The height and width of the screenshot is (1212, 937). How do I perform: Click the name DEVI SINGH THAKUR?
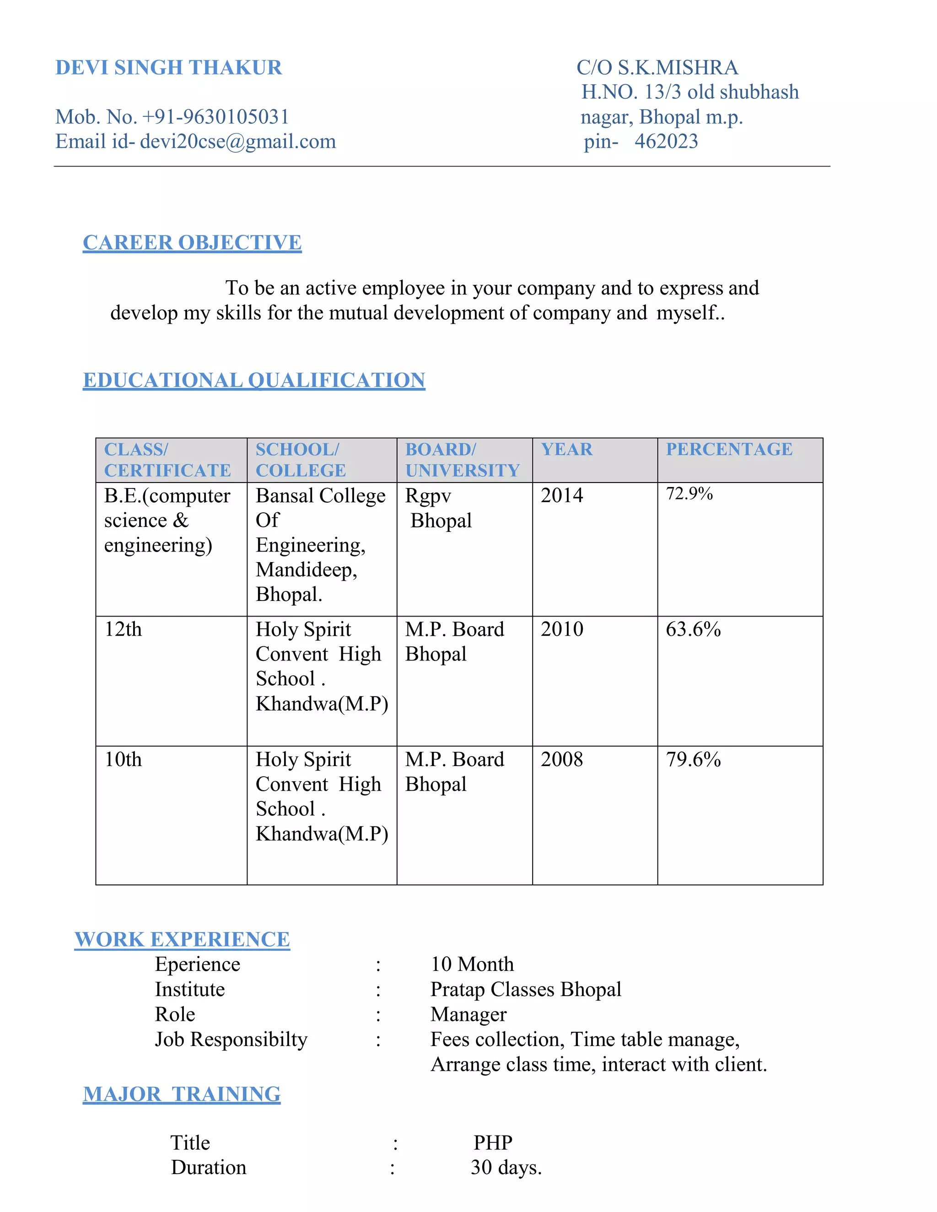169,68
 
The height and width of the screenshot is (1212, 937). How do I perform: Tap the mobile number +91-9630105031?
215,117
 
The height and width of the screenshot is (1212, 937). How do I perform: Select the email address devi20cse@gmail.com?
237,142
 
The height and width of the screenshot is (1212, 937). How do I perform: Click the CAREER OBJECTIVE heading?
192,242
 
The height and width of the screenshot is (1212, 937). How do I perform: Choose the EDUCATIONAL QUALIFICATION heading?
253,380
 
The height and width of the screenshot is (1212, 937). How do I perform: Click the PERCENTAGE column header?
729,449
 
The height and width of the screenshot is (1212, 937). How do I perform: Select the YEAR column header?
567,449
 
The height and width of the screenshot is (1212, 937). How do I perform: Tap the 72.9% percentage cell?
689,493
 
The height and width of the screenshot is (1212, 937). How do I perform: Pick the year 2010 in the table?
562,629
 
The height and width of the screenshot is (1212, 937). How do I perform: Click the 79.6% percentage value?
693,760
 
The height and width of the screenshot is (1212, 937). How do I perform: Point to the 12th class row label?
123,629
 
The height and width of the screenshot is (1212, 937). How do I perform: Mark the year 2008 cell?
562,760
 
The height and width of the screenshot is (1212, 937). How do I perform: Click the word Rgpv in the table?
428,496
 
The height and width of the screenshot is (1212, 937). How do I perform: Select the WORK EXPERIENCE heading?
182,939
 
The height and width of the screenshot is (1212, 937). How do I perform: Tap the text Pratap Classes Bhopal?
526,989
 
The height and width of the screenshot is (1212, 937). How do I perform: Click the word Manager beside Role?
468,1014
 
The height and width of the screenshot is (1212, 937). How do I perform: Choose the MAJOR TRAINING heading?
182,1094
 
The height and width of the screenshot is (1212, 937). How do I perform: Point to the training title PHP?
493,1142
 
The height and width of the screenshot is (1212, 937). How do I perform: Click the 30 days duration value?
506,1168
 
